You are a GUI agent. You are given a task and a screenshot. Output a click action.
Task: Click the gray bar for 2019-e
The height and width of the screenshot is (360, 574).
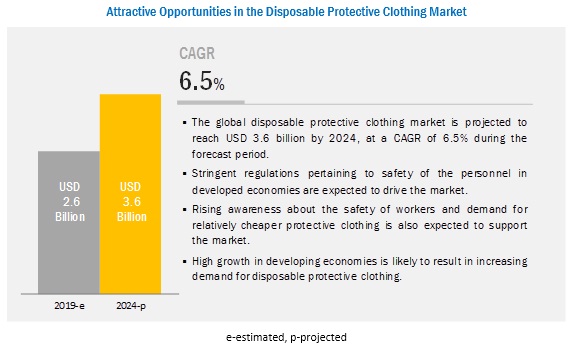pos(69,222)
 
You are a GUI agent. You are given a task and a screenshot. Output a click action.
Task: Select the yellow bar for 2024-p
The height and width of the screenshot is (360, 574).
pos(130,194)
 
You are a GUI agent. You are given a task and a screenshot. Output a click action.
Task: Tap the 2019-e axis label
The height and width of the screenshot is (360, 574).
pos(69,305)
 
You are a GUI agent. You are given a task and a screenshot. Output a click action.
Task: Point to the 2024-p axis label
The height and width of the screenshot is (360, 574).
pos(131,306)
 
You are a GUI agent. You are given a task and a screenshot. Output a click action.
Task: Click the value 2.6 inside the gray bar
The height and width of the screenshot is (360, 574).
pos(71,201)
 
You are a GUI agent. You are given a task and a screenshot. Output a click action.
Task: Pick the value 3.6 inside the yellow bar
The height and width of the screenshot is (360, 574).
pos(132,201)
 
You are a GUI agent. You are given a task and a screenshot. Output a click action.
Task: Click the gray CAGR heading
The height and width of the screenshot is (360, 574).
pos(197,53)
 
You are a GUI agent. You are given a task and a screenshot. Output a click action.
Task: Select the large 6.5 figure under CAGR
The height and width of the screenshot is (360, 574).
pos(196,81)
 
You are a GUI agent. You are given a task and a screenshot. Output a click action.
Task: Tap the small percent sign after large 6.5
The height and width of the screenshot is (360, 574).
pos(219,85)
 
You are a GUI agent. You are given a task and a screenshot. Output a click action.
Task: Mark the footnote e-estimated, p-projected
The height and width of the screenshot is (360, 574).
pos(286,337)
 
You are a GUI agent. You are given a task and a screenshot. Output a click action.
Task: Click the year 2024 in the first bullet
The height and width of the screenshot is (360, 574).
pos(342,138)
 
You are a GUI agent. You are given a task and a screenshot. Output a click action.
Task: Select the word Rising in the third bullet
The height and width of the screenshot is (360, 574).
pos(207,209)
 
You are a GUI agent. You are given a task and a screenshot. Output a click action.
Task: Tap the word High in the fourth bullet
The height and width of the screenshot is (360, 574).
pos(202,261)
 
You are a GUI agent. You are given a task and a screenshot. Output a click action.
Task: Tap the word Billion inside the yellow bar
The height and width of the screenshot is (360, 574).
pos(132,217)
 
